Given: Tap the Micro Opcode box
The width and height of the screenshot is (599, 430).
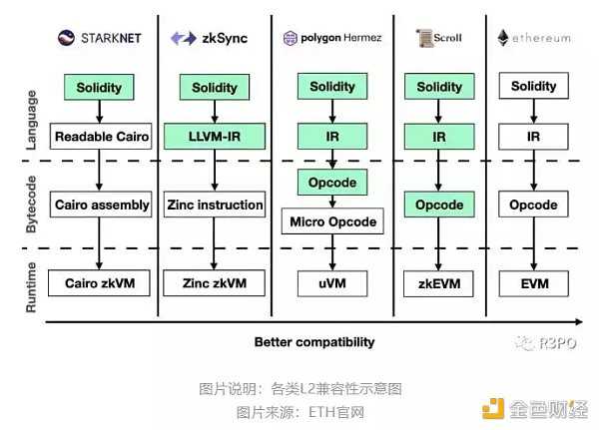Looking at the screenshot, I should pos(332,220).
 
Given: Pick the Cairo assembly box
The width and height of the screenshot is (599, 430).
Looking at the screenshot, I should pos(100,205).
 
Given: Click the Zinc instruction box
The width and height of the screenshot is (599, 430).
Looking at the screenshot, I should pos(215,205).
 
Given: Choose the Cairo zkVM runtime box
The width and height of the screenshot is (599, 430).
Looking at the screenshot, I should pos(100,282).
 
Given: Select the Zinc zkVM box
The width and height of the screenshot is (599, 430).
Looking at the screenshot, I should pos(215,282).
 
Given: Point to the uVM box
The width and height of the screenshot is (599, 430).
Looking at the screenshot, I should pos(332,282).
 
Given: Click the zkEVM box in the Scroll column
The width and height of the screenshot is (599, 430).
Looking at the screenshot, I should pos(439,282).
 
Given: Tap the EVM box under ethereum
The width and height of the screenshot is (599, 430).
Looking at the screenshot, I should pos(533,282).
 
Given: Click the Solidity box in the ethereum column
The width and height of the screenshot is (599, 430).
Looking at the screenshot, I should pos(533,87).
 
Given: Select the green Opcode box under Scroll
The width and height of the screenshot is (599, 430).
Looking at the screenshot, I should pos(439,205).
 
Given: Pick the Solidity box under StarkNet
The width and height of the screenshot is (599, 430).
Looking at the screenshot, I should pos(100,87).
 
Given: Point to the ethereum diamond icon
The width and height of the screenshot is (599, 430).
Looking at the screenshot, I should pos(503,38).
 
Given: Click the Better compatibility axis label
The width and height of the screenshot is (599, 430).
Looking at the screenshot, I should pos(314,342).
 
